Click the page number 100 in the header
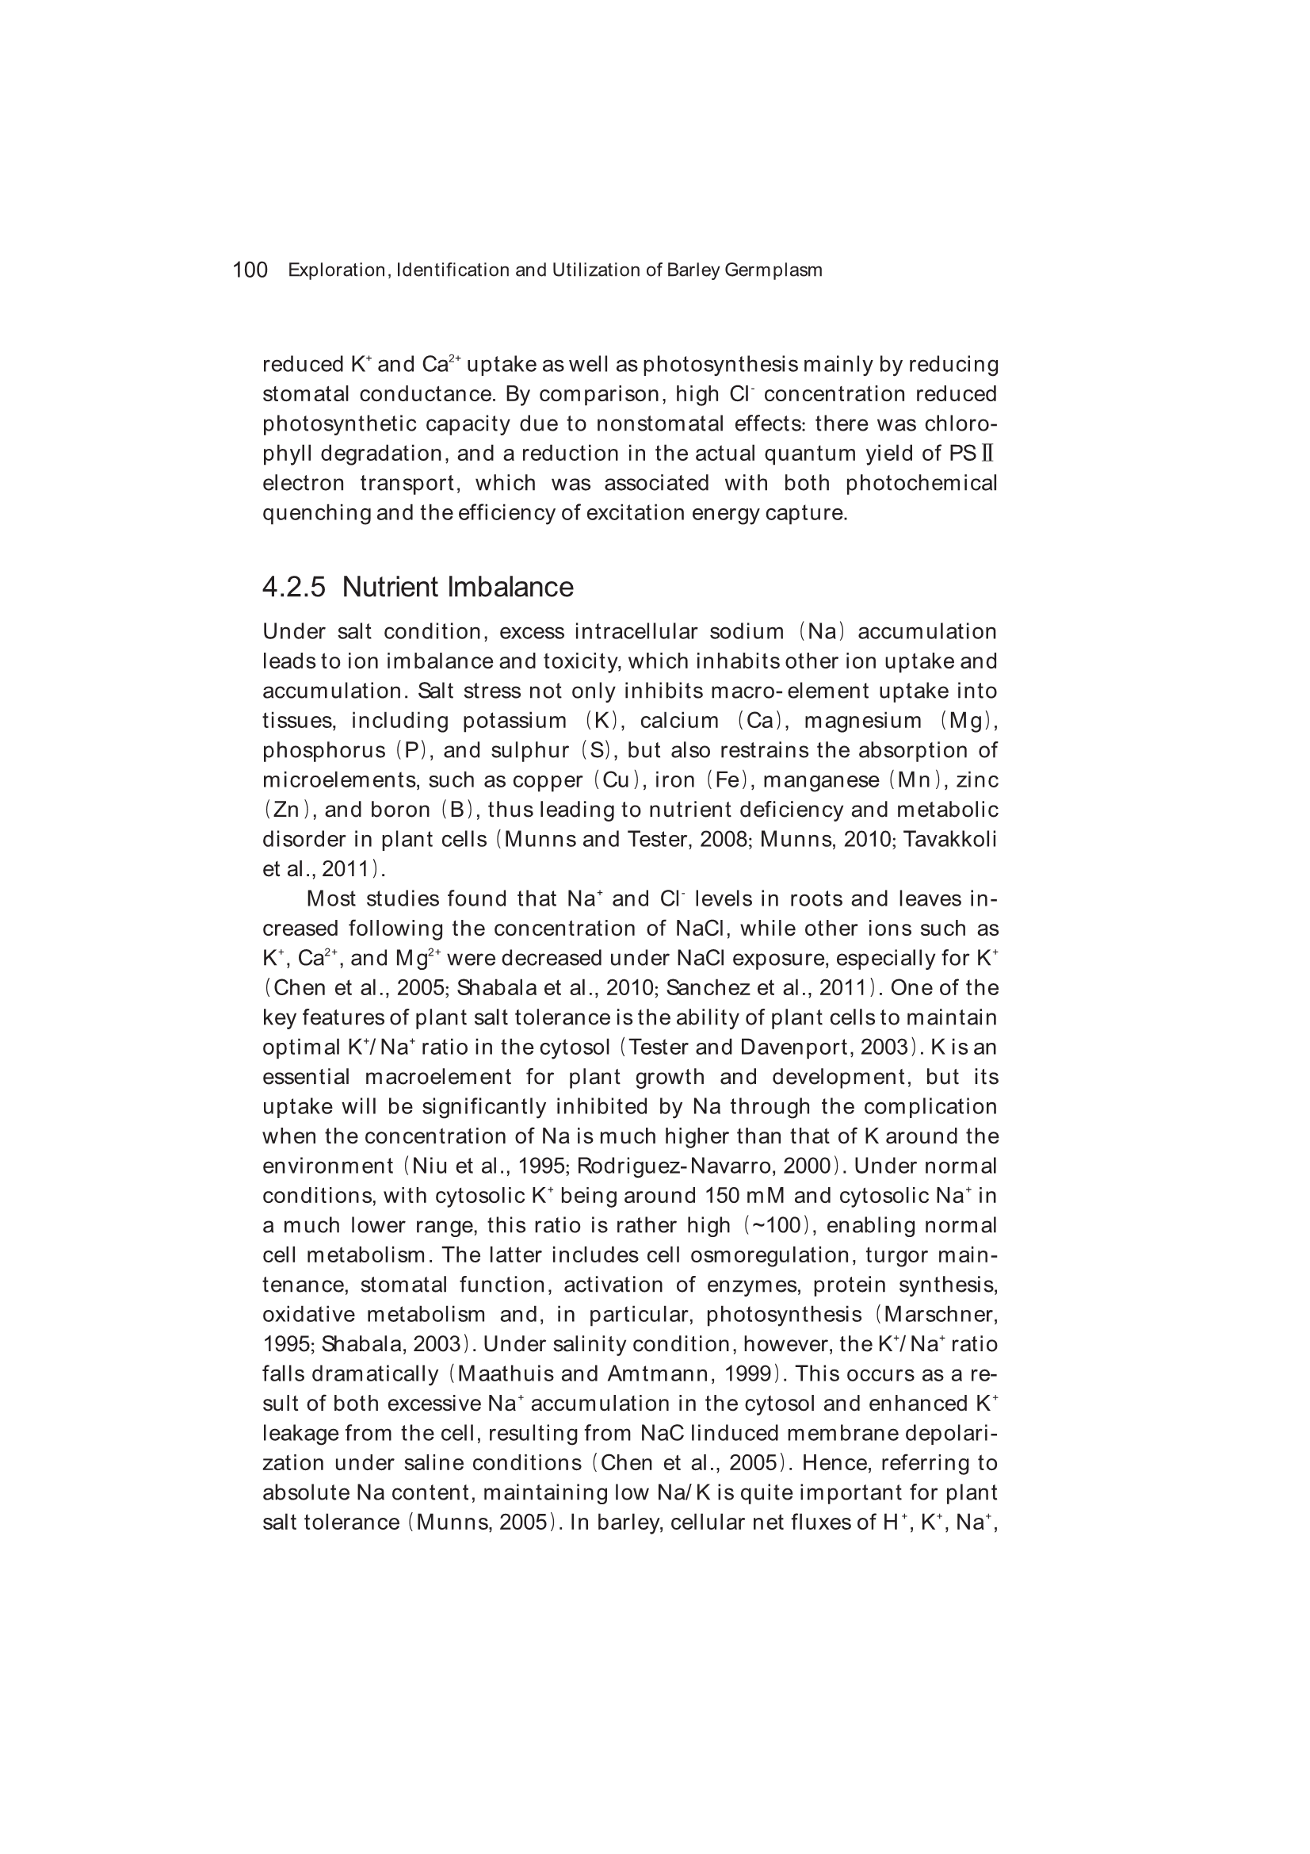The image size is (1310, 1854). click(x=250, y=270)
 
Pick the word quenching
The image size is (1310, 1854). click(x=315, y=514)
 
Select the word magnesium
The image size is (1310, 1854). click(x=862, y=720)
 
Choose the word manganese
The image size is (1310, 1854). click(x=821, y=780)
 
